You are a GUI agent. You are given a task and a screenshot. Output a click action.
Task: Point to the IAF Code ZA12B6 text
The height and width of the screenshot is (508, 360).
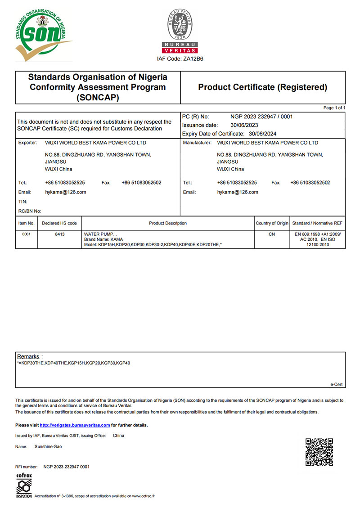click(x=180, y=59)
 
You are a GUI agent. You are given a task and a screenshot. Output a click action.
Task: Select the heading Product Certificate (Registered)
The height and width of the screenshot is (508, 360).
click(x=262, y=87)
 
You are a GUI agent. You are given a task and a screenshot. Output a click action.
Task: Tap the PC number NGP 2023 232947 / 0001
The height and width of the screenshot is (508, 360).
click(x=261, y=117)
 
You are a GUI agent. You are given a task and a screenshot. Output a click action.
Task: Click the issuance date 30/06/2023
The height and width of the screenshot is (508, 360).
click(x=244, y=125)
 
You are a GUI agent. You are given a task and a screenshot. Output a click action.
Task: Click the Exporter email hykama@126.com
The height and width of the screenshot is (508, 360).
click(x=66, y=192)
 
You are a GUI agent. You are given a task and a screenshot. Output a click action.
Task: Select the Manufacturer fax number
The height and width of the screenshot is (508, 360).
click(x=310, y=183)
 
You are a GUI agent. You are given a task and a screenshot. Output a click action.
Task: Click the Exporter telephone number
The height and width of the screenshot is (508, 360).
click(x=65, y=183)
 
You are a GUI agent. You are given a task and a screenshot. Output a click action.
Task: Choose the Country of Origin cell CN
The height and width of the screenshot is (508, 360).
click(x=272, y=234)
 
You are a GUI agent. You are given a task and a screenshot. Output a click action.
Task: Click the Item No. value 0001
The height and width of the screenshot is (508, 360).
click(x=26, y=234)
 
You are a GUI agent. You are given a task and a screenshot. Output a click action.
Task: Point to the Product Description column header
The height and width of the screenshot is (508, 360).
click(x=168, y=223)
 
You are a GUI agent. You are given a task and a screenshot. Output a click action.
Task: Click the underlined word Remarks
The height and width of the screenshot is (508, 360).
click(x=28, y=356)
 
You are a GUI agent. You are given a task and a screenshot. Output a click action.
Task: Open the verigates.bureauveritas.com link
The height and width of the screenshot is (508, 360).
click(x=75, y=425)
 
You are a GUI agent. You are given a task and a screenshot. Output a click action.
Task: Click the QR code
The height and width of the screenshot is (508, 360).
click(x=319, y=452)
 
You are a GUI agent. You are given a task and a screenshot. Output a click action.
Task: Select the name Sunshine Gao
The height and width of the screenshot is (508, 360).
click(x=48, y=447)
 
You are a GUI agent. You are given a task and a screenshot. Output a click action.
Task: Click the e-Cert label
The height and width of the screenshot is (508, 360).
click(x=336, y=384)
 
